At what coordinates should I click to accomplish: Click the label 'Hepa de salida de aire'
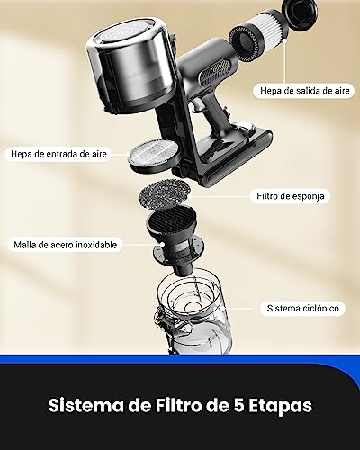(x=304, y=91)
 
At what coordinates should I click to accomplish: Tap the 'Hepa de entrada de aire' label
(x=58, y=154)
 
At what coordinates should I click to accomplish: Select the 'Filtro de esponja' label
(x=291, y=196)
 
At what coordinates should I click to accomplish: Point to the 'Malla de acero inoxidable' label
(x=66, y=245)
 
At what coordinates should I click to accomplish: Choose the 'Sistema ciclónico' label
(x=303, y=309)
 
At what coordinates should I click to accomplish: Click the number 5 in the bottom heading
(x=238, y=406)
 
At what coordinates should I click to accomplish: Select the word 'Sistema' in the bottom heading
(x=85, y=406)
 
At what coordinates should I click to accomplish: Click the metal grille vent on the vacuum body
(x=215, y=71)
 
